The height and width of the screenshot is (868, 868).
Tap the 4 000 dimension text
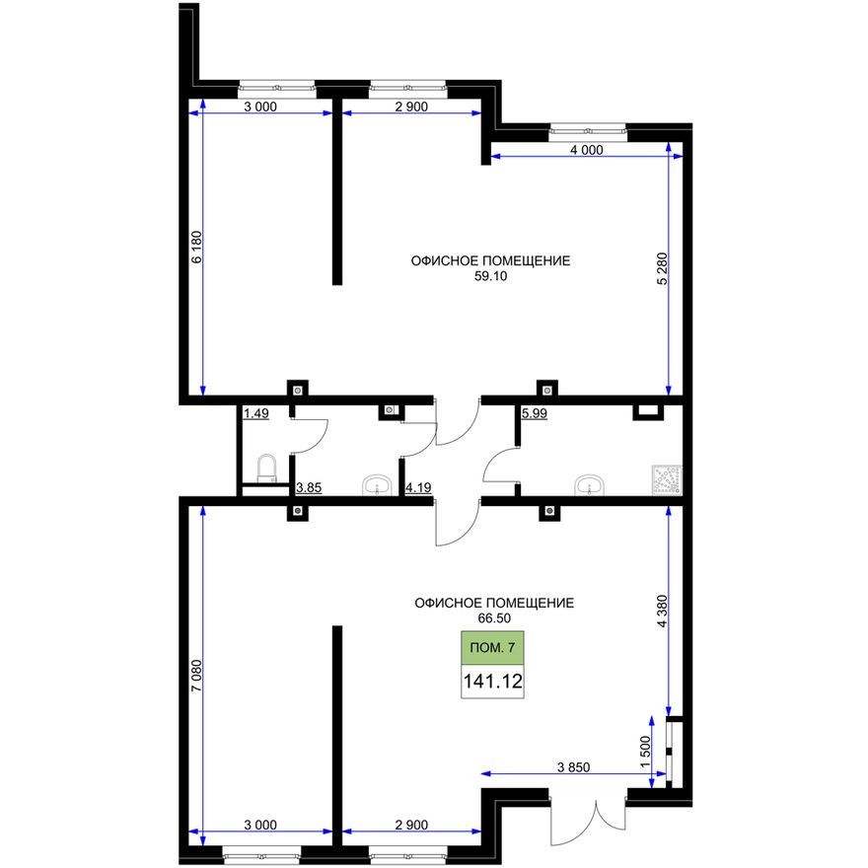pos(586,150)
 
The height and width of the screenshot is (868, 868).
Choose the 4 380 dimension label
pos(662,609)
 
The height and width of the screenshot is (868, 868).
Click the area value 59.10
pos(490,277)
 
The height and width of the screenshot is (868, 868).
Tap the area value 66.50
pos(493,617)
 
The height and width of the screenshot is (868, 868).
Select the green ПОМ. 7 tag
pos(492,647)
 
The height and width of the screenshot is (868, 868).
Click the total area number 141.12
pos(492,680)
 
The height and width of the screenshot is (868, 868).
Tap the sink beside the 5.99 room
pos(590,484)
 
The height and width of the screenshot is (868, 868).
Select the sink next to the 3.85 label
pos(377,484)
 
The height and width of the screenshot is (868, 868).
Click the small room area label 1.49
pos(255,413)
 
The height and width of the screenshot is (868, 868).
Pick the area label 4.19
pos(418,486)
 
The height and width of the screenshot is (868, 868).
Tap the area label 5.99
pos(534,413)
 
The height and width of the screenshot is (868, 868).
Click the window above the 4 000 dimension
pos(588,128)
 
